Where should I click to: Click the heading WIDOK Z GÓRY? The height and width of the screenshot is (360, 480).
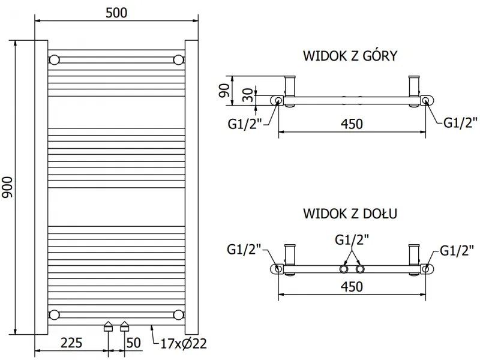(351, 56)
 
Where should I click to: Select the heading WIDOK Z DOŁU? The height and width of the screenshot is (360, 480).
(351, 213)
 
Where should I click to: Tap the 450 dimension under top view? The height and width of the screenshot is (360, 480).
(352, 124)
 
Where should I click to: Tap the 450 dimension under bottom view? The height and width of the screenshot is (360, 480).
(352, 286)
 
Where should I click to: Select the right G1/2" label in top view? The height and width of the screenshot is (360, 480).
(460, 123)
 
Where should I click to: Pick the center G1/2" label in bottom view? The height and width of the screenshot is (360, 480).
(352, 239)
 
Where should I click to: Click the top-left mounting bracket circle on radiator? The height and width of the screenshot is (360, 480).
(55, 59)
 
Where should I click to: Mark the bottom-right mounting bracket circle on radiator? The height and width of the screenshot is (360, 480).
(178, 314)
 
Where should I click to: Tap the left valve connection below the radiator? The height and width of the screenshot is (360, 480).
(108, 326)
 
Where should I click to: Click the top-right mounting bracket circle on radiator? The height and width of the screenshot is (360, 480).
(178, 59)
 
